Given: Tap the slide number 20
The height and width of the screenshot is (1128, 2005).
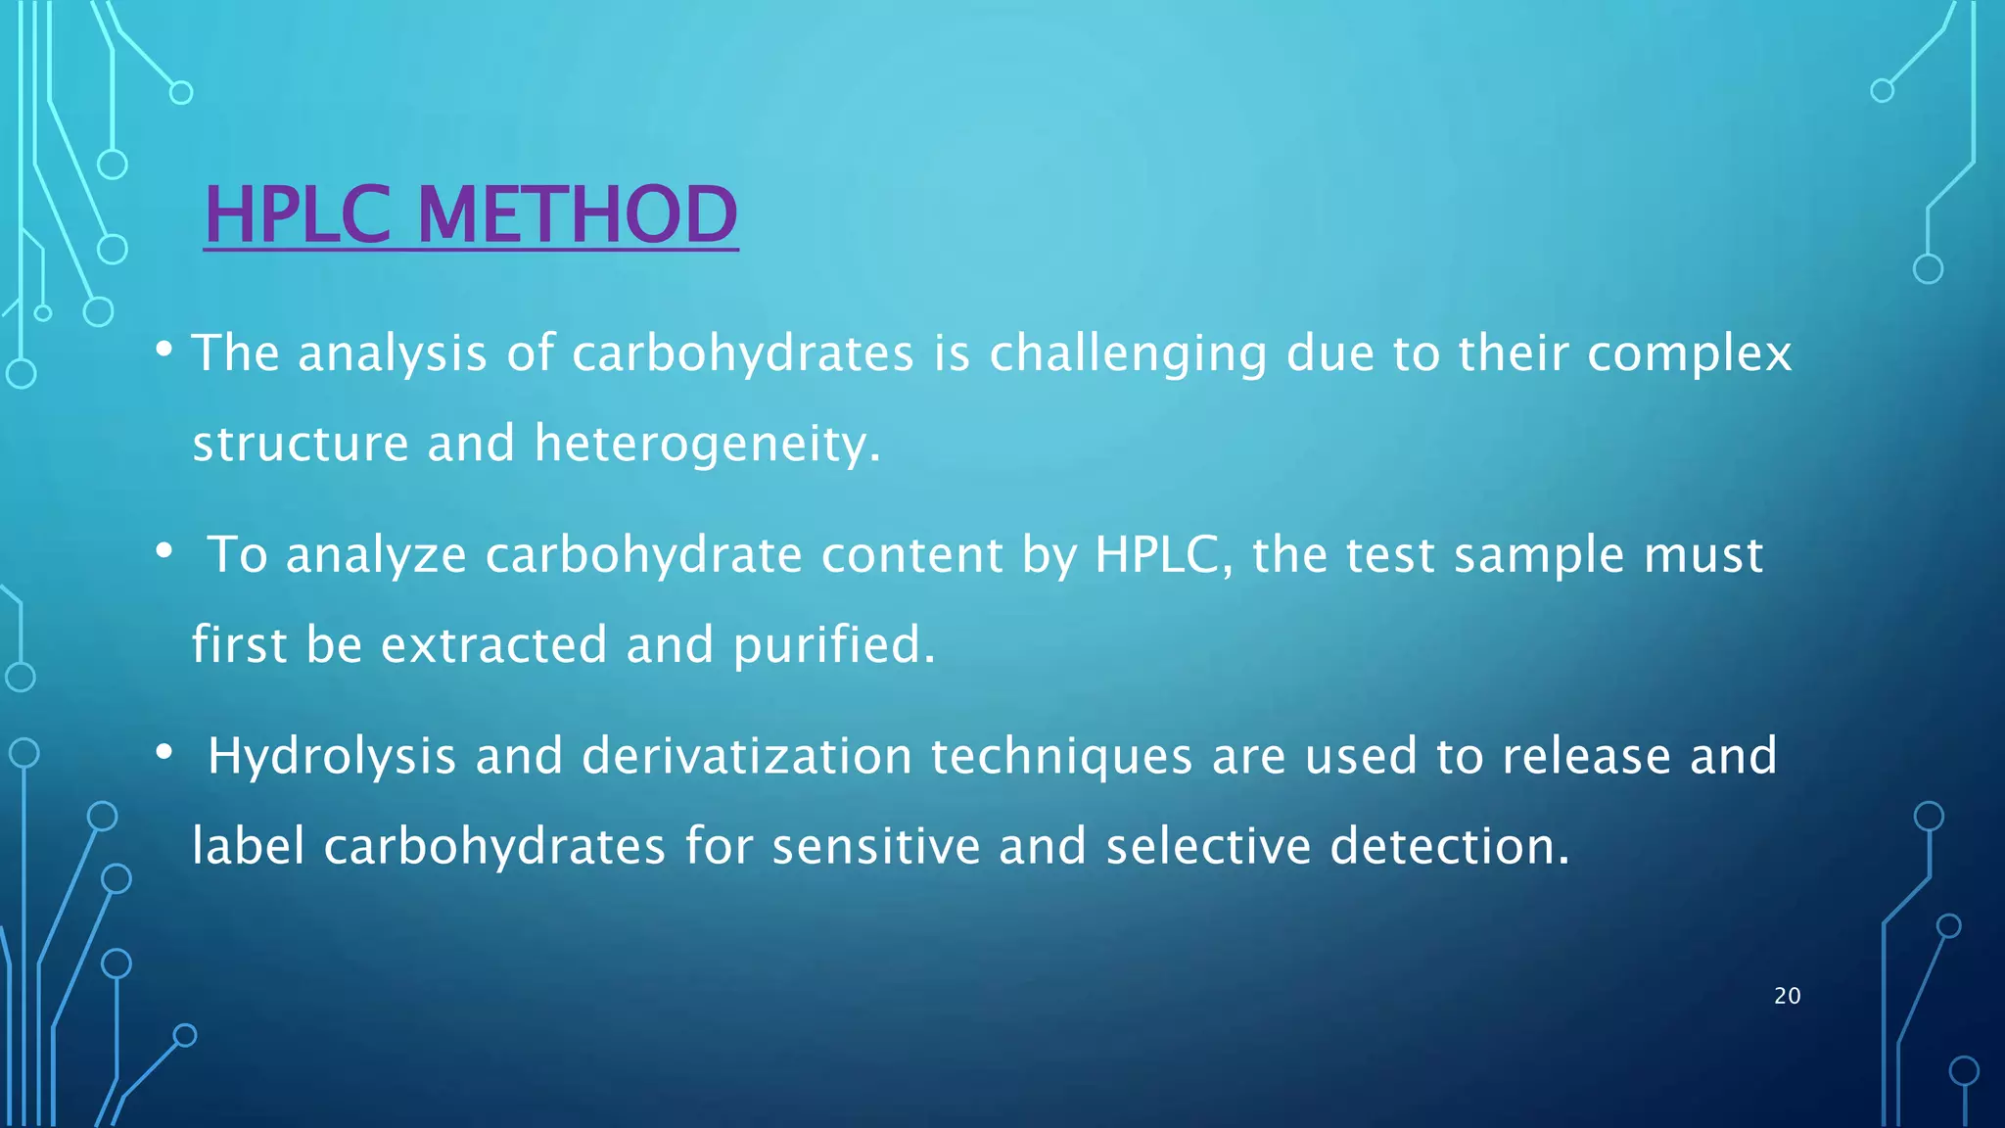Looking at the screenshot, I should tap(1787, 996).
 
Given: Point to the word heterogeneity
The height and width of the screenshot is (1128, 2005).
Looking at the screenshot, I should tap(707, 445).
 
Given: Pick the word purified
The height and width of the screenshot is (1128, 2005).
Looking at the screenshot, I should tap(833, 645).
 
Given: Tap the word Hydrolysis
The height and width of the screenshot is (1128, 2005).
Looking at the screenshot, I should tap(332, 757).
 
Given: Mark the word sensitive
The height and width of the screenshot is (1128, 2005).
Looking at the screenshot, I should tap(875, 847).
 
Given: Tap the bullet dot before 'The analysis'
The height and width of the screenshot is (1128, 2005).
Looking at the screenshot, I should tap(164, 349).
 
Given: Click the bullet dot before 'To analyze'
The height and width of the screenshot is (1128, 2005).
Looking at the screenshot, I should tap(164, 551).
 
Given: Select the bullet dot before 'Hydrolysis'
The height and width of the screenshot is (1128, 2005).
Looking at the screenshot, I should tap(164, 752).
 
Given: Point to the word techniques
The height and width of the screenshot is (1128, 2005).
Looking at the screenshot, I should tap(1061, 757).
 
